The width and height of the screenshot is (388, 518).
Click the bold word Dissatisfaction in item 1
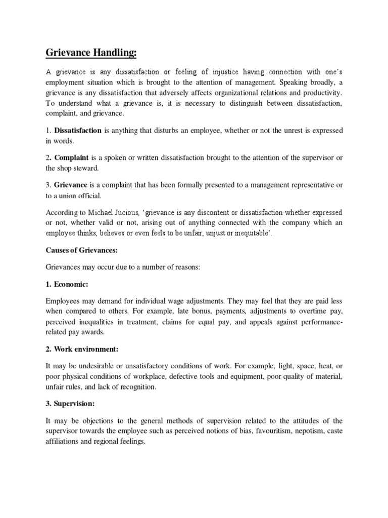78,131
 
